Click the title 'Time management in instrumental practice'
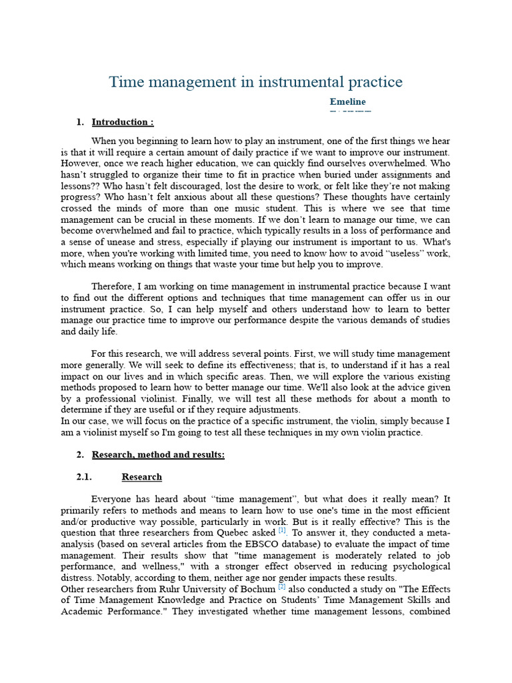[x=256, y=82]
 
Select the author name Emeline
[x=347, y=101]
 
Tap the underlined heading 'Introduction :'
[x=123, y=122]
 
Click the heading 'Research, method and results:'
[x=158, y=454]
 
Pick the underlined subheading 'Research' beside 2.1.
[x=141, y=477]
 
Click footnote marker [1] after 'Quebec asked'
[x=282, y=531]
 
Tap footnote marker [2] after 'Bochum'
[x=282, y=588]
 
